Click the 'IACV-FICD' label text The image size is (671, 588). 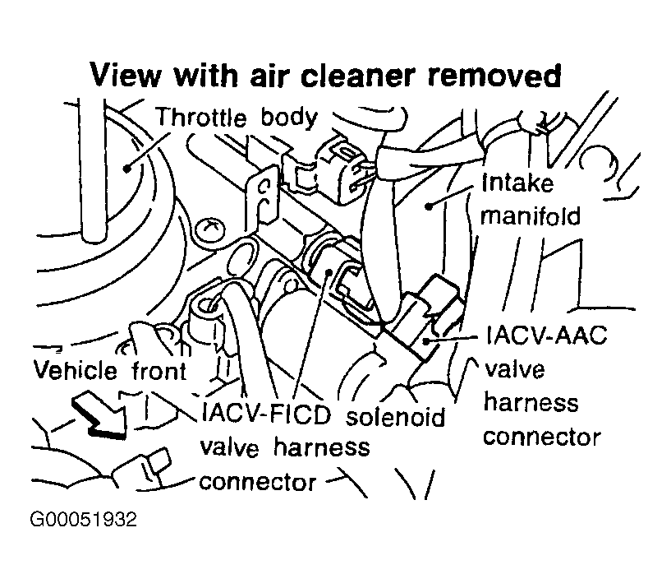tap(264, 414)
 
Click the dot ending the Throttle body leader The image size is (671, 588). tap(128, 167)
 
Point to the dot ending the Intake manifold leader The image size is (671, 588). tap(428, 206)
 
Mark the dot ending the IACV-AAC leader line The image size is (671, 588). tap(426, 339)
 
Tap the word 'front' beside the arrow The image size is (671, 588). tap(160, 372)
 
